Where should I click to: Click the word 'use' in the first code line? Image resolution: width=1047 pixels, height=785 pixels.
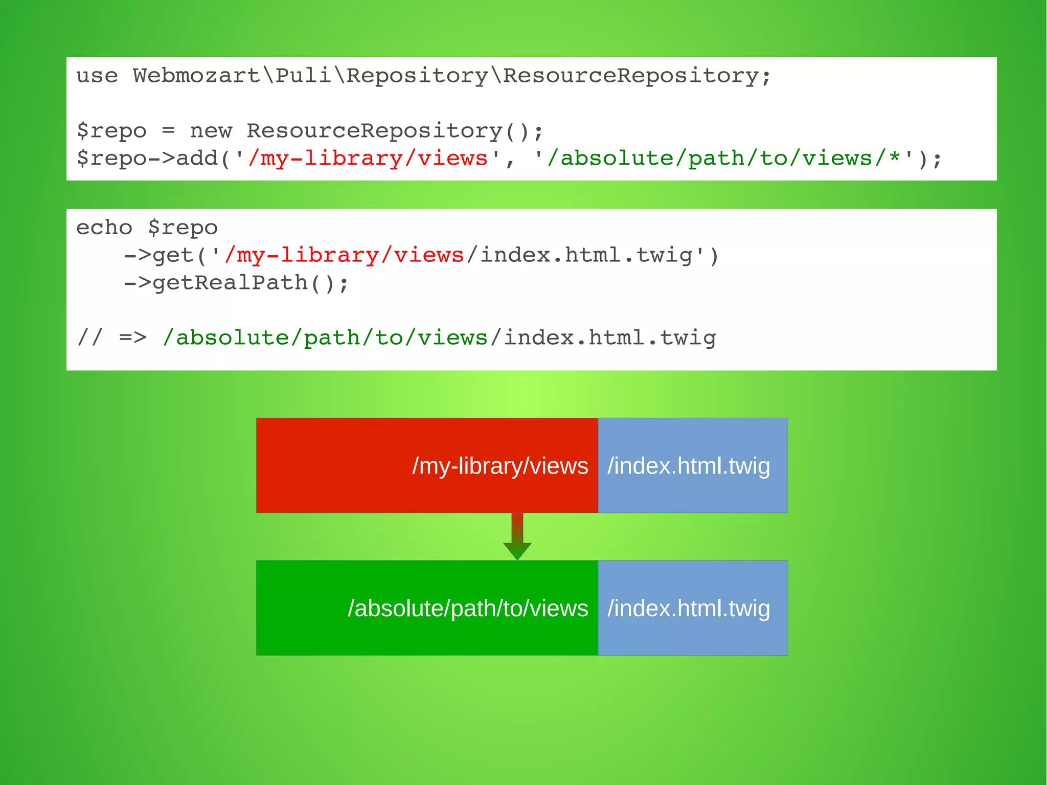tap(97, 76)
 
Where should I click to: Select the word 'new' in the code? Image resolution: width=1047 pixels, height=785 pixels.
tap(211, 131)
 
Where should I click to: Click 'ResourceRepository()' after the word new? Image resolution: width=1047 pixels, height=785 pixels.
tap(394, 131)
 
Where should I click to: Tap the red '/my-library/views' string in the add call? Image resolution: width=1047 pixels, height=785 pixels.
tap(368, 159)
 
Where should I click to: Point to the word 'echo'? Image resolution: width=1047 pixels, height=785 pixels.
tap(104, 228)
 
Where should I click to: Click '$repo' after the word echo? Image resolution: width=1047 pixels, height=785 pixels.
tap(183, 228)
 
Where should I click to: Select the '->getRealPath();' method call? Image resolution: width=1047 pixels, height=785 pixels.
tap(237, 283)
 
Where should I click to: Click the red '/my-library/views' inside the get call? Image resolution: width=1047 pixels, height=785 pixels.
tap(344, 255)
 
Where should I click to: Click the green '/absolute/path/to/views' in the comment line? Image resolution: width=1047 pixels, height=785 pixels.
tap(325, 338)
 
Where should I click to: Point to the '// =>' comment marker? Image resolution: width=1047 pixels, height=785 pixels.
tap(111, 338)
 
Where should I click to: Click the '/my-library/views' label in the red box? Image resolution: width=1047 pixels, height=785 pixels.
tap(500, 466)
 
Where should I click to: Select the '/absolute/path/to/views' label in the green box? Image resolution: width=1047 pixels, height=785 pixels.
tap(468, 609)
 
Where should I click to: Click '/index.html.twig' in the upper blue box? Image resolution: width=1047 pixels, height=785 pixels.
tap(689, 466)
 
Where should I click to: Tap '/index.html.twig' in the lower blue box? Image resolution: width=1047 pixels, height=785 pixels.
tap(689, 609)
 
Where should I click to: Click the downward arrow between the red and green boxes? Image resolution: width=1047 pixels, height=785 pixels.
tap(517, 537)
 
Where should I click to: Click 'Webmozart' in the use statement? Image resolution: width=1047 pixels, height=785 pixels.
tap(197, 76)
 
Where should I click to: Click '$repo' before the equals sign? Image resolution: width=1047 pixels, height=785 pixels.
tap(111, 131)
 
